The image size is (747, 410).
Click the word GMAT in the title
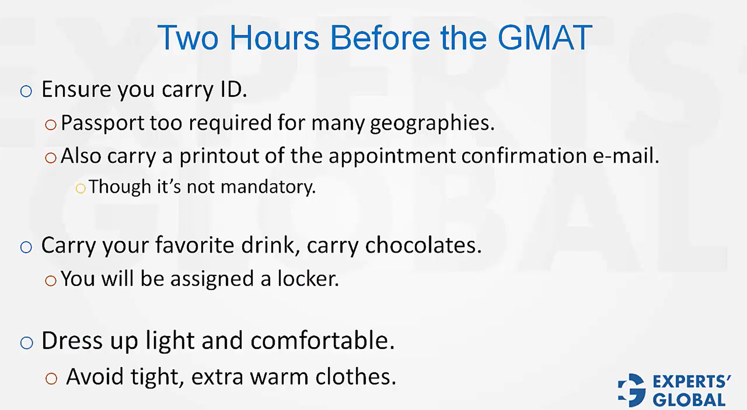pyautogui.click(x=545, y=38)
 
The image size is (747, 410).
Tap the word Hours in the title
pyautogui.click(x=274, y=38)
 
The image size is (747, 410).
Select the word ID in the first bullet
pyautogui.click(x=233, y=89)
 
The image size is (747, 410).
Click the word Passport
pyautogui.click(x=102, y=123)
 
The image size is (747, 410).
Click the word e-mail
pyautogui.click(x=626, y=156)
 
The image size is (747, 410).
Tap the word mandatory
pyautogui.click(x=268, y=187)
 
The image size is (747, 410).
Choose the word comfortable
pyautogui.click(x=322, y=340)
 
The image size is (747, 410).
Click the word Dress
pyautogui.click(x=72, y=340)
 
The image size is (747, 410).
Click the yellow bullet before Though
pyautogui.click(x=81, y=189)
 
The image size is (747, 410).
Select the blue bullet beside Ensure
pyautogui.click(x=26, y=91)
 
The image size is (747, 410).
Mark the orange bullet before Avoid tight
pyautogui.click(x=51, y=378)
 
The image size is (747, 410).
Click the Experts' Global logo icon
pyautogui.click(x=631, y=390)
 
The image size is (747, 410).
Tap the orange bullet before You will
pyautogui.click(x=51, y=280)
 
